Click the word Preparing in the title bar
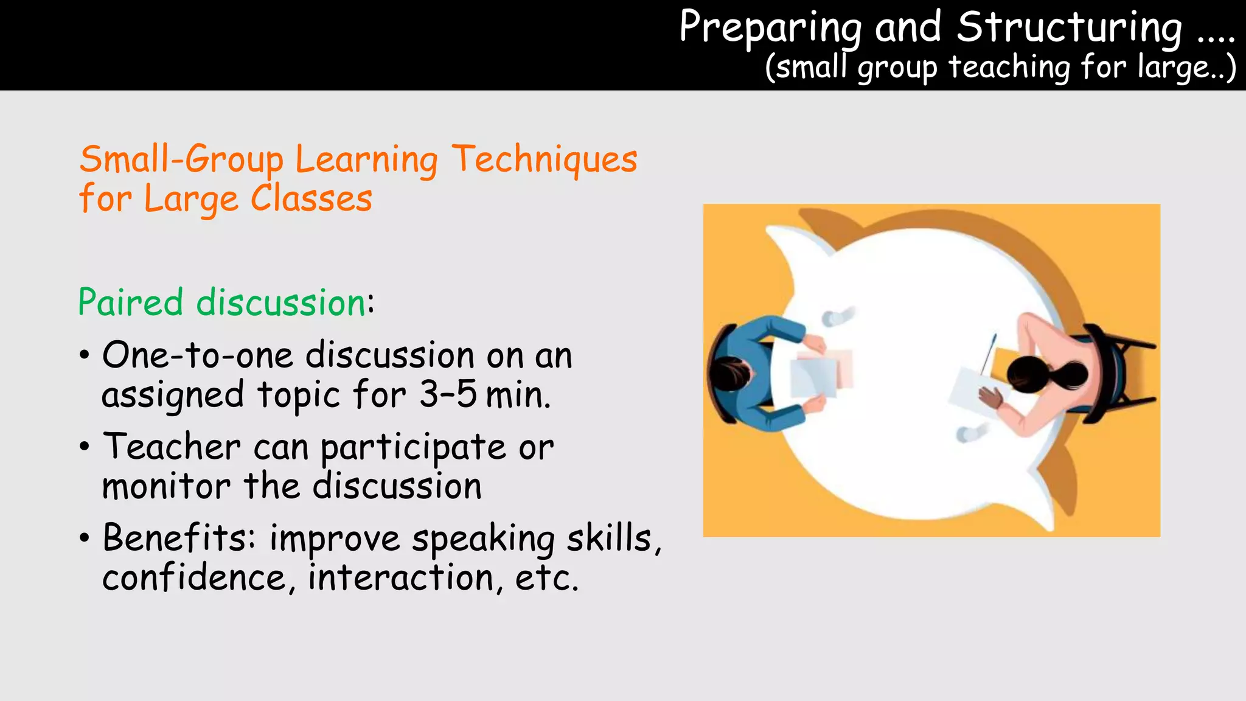pos(770,27)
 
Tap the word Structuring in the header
pos(1069,27)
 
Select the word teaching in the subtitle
pos(1009,67)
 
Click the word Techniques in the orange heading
pos(545,160)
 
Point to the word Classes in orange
pos(311,199)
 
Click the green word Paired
pos(130,302)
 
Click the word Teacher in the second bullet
pos(172,447)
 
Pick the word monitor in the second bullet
pos(165,487)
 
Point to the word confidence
pos(193,578)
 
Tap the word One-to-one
pos(198,355)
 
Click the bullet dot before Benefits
pos(85,538)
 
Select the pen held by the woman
pos(988,354)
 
